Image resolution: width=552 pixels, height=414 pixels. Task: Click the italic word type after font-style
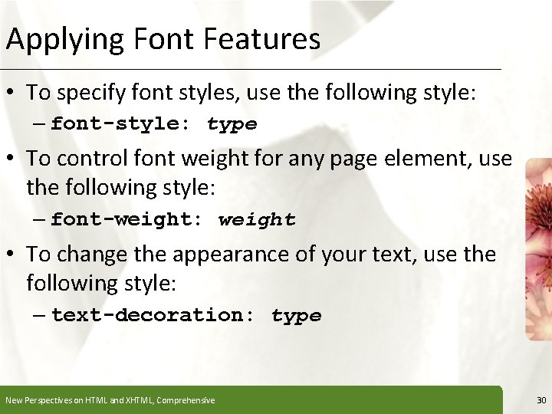pos(232,124)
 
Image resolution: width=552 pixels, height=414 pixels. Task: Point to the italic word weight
pos(257,220)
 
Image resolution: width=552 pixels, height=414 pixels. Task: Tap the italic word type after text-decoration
pos(296,315)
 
